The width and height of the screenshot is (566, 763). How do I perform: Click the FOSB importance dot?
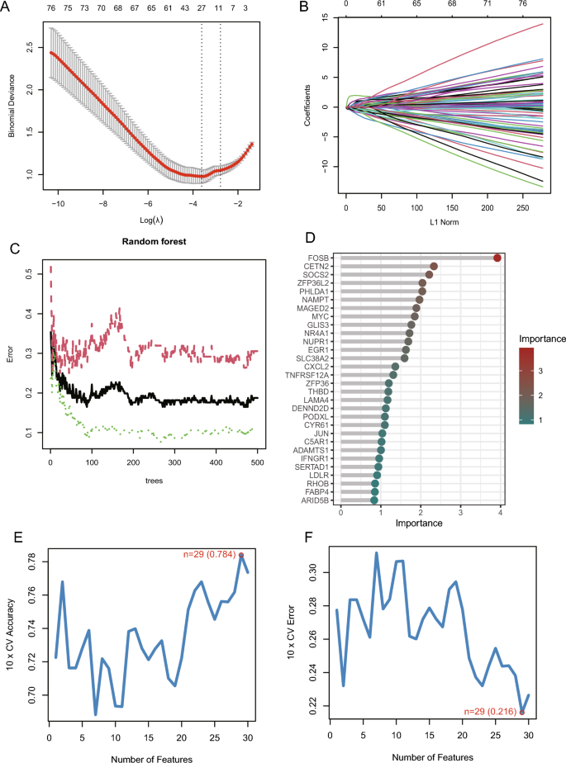tap(497, 258)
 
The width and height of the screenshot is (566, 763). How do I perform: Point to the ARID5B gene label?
tap(321, 500)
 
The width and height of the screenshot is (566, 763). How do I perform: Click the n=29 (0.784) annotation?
tap(209, 554)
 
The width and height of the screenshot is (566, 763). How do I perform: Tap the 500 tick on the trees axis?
tap(258, 465)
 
